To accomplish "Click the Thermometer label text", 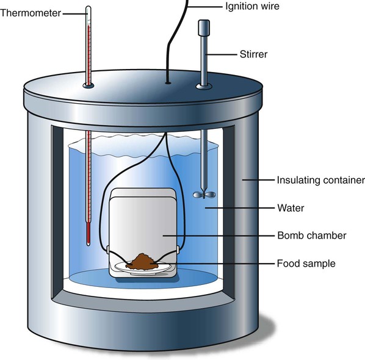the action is [x=31, y=13].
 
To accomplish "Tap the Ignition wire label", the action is [x=252, y=7].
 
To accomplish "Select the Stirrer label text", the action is [x=253, y=54].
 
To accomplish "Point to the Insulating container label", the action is [x=321, y=181].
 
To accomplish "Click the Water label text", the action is [x=291, y=208].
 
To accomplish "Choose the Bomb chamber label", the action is [x=312, y=236].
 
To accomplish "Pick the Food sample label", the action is [x=306, y=264].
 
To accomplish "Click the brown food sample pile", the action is [x=142, y=262].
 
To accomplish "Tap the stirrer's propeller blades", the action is [x=204, y=195].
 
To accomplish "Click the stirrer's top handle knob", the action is [x=204, y=27].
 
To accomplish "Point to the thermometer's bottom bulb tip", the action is [x=89, y=244].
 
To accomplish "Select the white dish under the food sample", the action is [x=143, y=268].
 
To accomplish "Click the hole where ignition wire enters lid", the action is [x=168, y=82].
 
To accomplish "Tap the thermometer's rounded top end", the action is [x=89, y=8].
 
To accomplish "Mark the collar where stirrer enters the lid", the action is [x=204, y=87].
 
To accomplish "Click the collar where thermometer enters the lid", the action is [x=89, y=85].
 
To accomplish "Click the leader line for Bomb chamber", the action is [x=219, y=236].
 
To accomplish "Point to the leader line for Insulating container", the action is [x=258, y=180].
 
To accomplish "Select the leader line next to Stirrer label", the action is [x=222, y=55].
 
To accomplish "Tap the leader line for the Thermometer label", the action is [x=75, y=14].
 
